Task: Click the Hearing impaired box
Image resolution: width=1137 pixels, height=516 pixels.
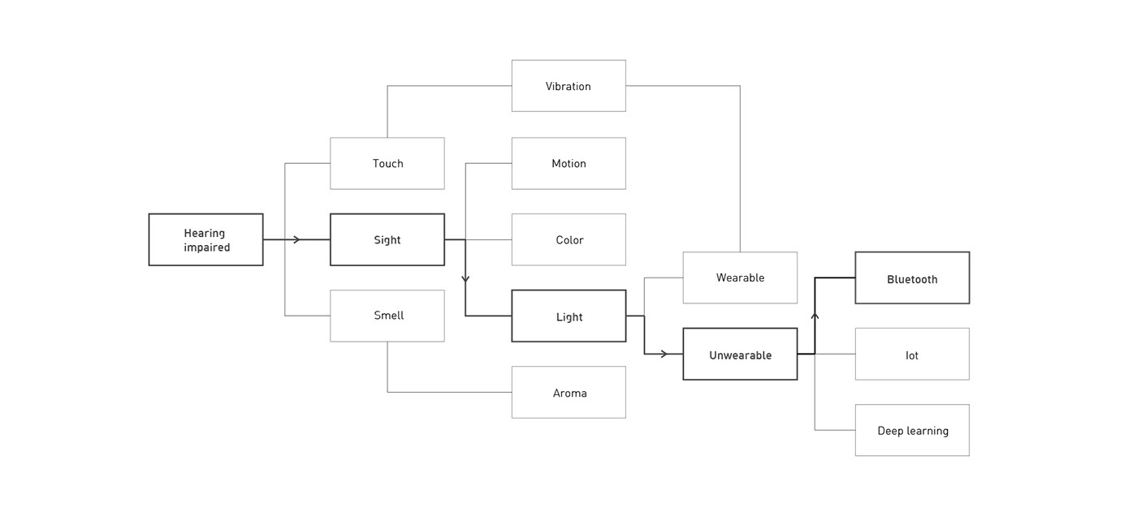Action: coord(205,239)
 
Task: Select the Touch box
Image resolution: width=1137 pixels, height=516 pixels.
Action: coord(387,163)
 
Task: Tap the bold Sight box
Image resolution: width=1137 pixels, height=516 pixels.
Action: coord(387,239)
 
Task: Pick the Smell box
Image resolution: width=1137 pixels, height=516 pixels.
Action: coord(387,316)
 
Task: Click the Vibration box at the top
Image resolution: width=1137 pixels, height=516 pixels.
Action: coord(568,86)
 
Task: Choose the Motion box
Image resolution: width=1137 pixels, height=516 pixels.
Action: coord(568,163)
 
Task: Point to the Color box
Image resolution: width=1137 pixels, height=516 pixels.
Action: coord(568,239)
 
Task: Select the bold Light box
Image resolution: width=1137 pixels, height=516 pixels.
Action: coord(568,316)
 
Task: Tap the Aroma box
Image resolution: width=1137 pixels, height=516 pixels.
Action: coord(568,393)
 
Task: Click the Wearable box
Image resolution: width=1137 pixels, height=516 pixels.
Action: coord(740,277)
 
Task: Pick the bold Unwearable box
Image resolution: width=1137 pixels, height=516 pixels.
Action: coord(740,354)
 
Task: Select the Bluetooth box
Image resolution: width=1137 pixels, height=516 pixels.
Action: coord(912,277)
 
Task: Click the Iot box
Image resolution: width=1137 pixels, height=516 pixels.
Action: coord(912,354)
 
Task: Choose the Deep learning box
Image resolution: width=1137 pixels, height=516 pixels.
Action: coord(912,430)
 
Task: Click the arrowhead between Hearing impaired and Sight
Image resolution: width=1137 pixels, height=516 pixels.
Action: coord(296,239)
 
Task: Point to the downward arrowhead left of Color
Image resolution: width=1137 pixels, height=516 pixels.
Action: coord(465,278)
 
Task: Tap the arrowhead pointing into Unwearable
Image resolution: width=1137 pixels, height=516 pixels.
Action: coord(664,354)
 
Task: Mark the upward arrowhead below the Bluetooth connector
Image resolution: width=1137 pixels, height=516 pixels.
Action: coord(815,316)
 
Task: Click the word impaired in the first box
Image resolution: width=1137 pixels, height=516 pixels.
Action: coord(206,247)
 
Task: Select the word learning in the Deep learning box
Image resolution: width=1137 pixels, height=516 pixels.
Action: coord(927,431)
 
